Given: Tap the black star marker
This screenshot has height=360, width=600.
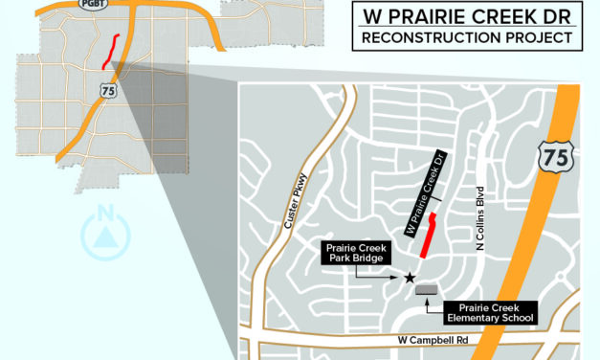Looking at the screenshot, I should (410, 278).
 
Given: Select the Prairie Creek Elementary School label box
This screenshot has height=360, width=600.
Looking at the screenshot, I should (489, 311).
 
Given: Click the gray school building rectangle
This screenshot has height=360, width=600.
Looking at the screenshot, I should (426, 289).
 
